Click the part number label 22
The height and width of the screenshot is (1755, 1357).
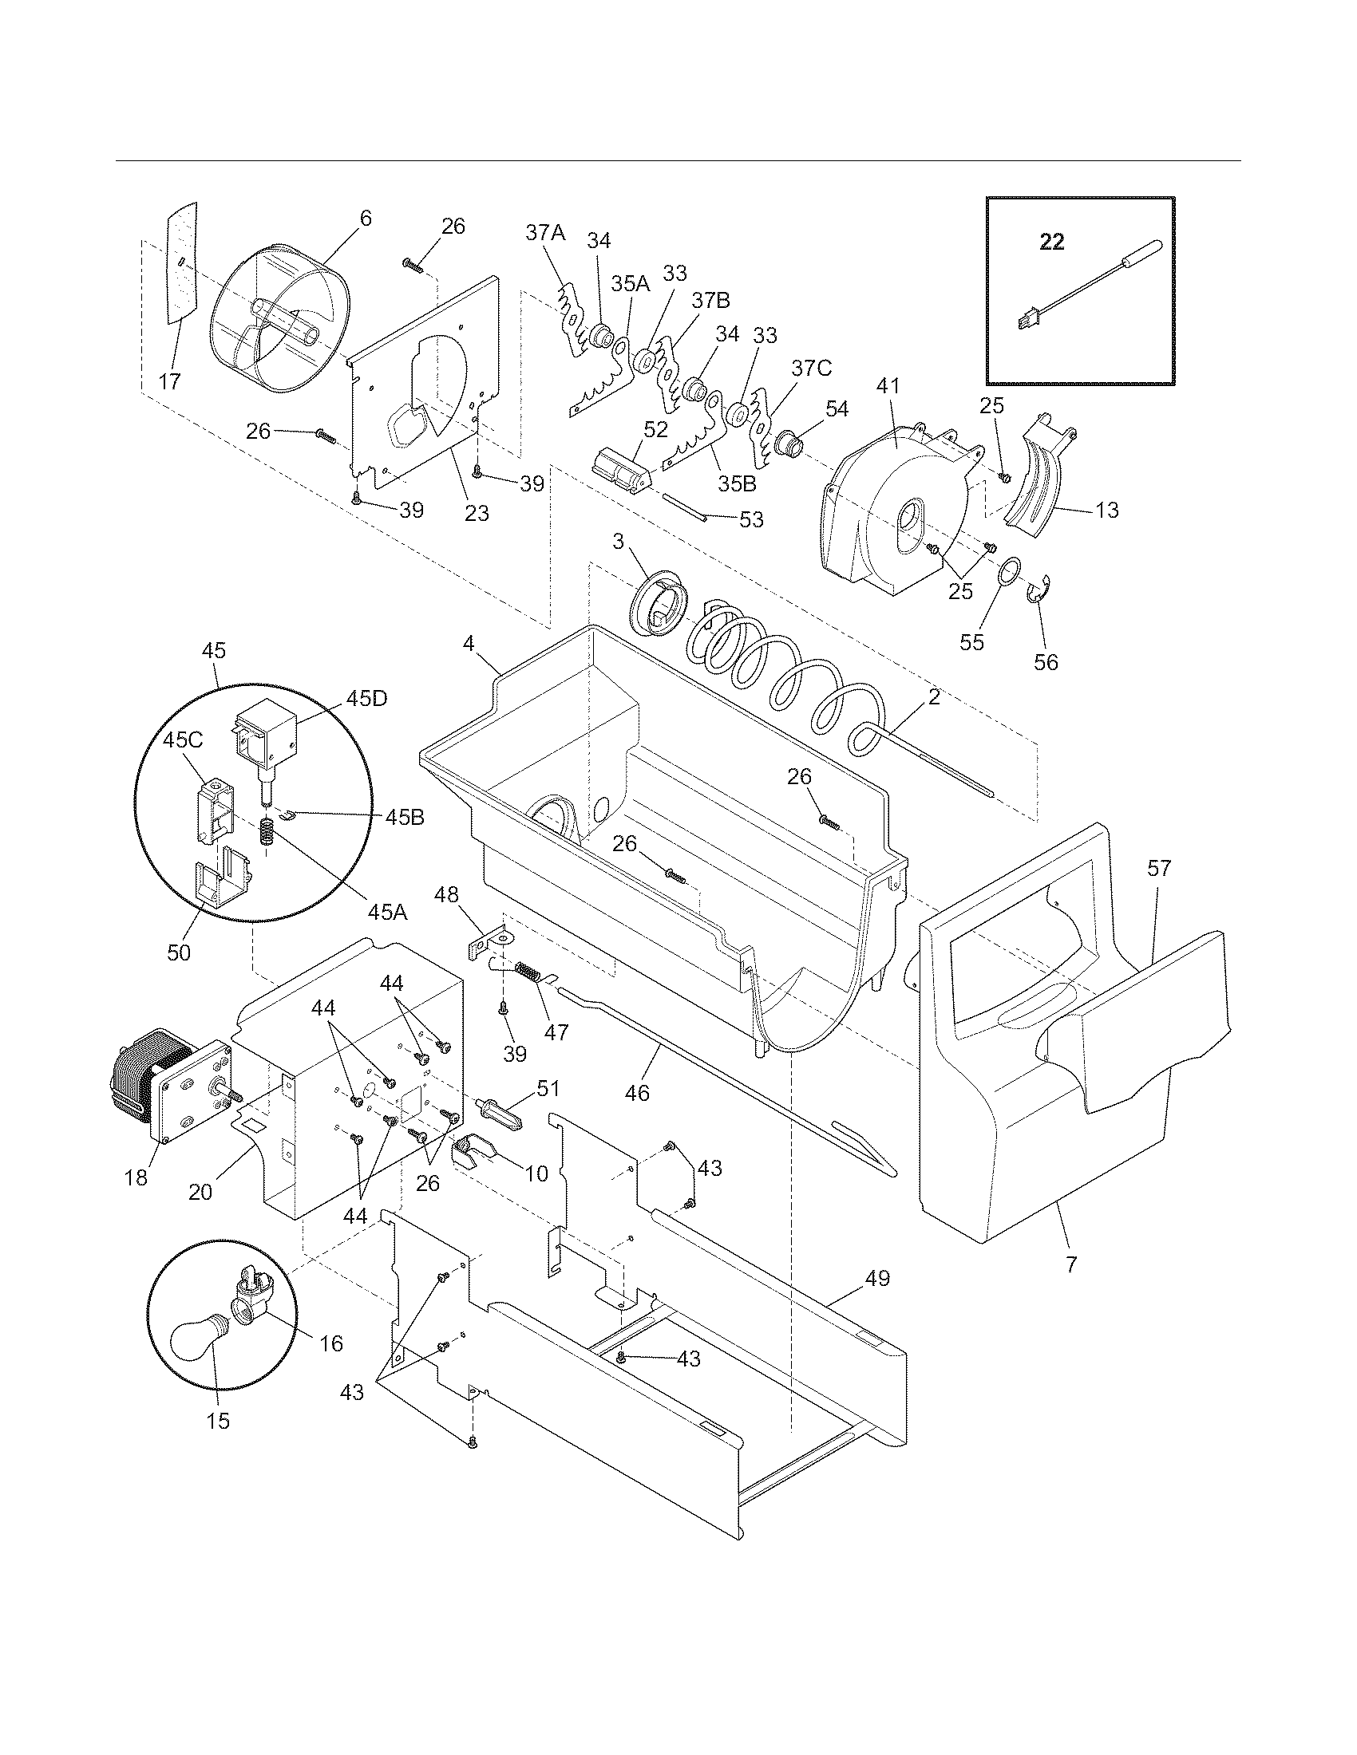click(1052, 241)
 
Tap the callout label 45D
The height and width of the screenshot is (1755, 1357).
click(366, 698)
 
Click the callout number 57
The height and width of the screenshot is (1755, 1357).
click(1159, 868)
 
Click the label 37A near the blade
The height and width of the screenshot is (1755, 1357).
click(546, 233)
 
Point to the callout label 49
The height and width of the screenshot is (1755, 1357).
click(878, 1278)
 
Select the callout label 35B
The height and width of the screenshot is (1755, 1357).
click(738, 484)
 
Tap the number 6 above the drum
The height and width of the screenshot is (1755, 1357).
click(366, 218)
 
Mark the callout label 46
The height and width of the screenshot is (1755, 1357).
click(637, 1093)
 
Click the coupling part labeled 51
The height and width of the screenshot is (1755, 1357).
click(500, 1115)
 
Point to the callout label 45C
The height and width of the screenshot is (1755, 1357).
click(183, 740)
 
